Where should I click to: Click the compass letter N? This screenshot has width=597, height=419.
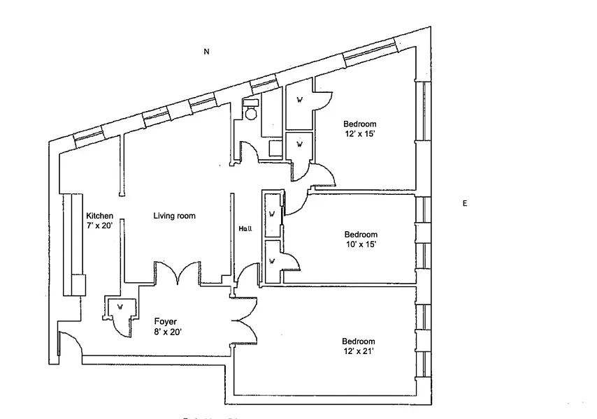(x=206, y=51)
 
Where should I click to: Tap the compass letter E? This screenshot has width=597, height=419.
(x=465, y=203)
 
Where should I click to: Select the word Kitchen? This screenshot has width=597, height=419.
(x=99, y=216)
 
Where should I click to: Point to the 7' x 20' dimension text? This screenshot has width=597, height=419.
(x=99, y=226)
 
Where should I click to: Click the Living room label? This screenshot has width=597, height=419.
(x=174, y=216)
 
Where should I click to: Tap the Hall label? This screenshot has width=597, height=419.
(x=245, y=228)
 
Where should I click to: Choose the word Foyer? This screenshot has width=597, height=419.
(x=165, y=321)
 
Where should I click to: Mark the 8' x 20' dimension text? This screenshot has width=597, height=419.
(x=168, y=332)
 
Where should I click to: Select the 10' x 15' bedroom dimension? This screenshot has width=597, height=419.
(x=361, y=244)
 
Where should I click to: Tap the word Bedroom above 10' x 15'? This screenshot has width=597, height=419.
(x=361, y=235)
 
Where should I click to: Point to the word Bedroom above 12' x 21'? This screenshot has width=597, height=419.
(x=359, y=341)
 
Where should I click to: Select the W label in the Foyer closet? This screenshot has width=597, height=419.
(x=120, y=306)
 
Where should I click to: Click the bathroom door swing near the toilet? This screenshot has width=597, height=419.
(x=250, y=149)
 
